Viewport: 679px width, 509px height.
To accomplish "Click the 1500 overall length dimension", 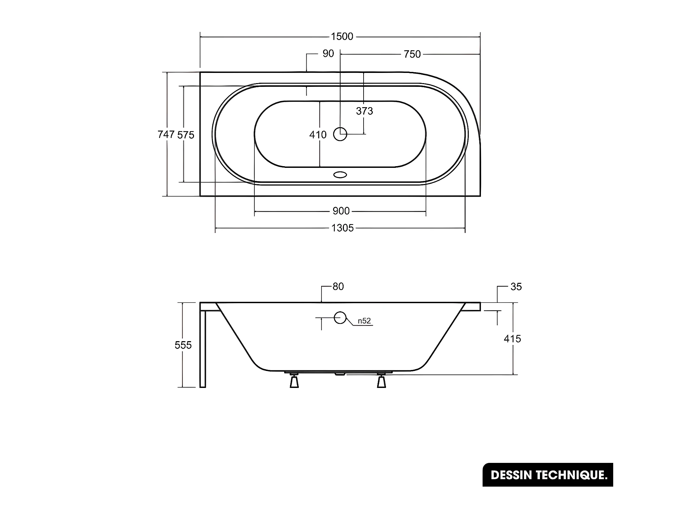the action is tap(342, 36).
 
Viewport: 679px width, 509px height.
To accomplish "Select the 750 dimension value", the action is tap(412, 54).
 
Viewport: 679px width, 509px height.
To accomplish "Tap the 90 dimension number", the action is tap(328, 54).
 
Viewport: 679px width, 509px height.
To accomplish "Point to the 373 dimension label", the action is tap(364, 111).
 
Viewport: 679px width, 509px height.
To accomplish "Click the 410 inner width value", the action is tap(318, 135).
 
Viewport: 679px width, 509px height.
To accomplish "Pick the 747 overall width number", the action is tap(166, 134).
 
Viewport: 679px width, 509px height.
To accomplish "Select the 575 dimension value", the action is tap(186, 135).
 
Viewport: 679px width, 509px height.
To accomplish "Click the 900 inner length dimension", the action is tap(341, 211).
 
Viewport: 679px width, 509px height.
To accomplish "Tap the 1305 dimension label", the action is tap(343, 228).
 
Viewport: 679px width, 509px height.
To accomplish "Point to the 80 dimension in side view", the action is tap(338, 287).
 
